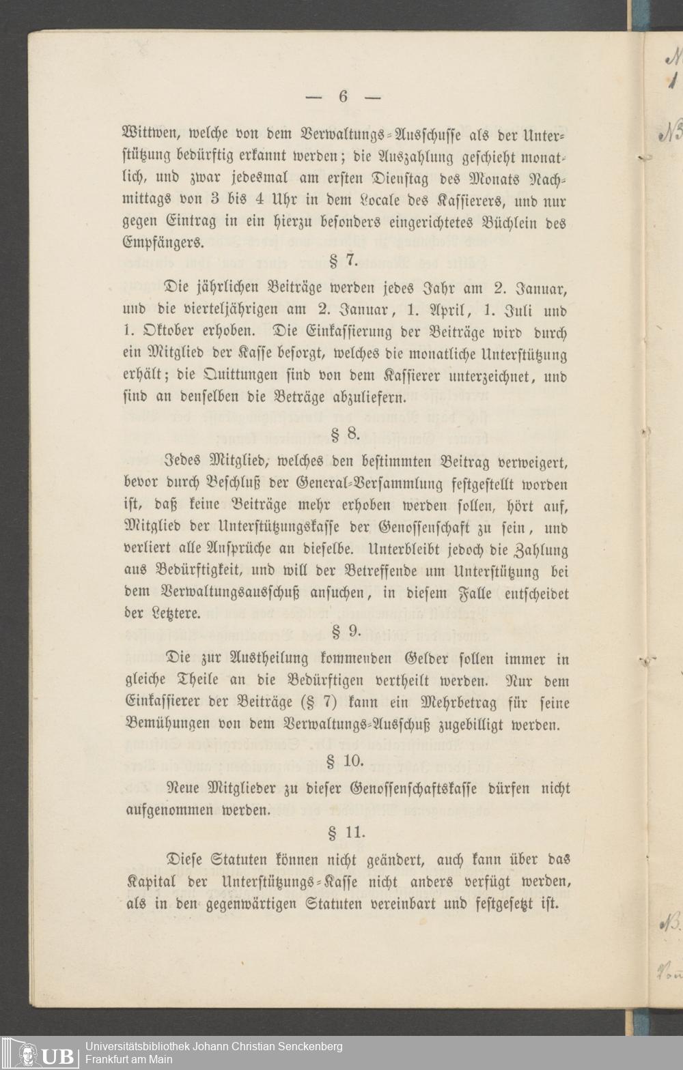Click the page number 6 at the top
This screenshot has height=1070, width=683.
(343, 96)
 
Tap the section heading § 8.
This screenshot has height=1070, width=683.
(344, 433)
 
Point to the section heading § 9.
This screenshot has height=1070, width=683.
(346, 631)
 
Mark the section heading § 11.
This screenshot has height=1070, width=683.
(347, 832)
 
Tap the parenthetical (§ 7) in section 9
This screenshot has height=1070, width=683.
(316, 703)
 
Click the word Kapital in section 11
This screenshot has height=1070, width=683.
(151, 882)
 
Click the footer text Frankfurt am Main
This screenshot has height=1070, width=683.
(129, 1060)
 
